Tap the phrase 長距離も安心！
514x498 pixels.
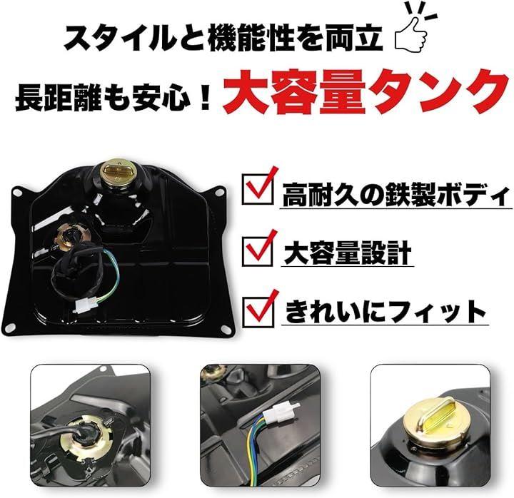pos(114,98)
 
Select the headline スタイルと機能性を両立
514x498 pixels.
pos(223,38)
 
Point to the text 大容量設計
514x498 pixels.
pos(348,253)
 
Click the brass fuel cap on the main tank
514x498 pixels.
pos(117,172)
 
